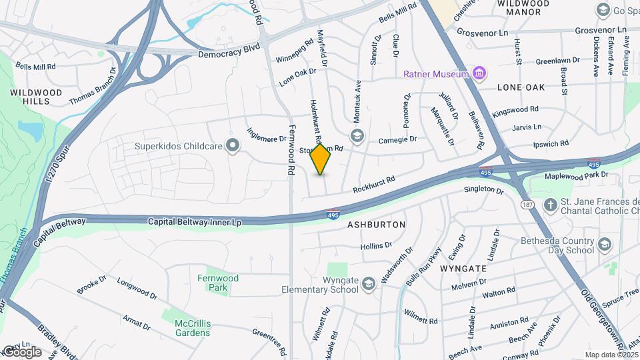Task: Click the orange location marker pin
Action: pos(321,159)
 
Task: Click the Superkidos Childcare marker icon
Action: pos(233,145)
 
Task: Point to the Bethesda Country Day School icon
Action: pos(604,245)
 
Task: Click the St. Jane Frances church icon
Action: pos(551,203)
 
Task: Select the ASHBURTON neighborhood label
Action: pos(376,225)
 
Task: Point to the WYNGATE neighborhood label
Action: pos(463,268)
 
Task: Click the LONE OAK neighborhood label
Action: pos(521,87)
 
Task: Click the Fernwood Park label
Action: pos(217,283)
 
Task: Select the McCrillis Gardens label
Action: pos(193,328)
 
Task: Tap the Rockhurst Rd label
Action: pos(374,183)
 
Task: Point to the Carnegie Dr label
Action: pos(397,140)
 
